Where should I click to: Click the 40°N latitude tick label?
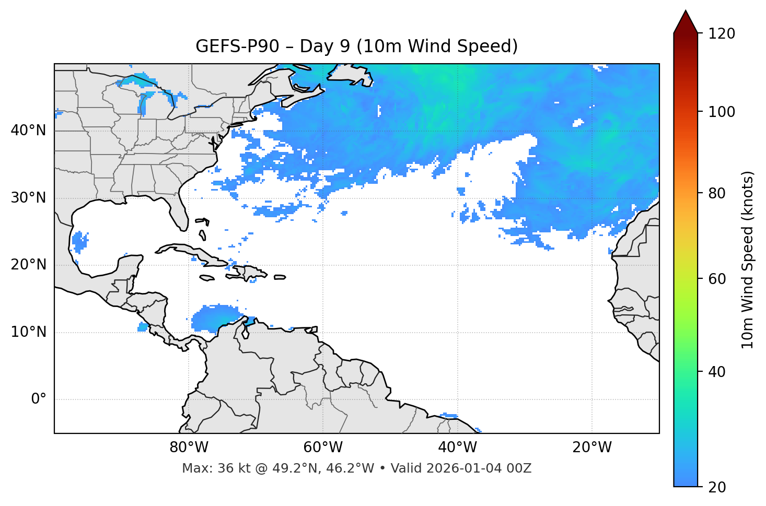click(28, 131)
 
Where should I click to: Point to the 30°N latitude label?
click(28, 198)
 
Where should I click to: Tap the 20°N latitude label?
click(28, 265)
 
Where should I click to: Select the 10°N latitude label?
click(28, 332)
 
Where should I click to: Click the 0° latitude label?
click(39, 399)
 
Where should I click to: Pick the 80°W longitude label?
click(189, 448)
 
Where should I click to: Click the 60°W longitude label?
click(323, 448)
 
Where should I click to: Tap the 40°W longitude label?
click(458, 448)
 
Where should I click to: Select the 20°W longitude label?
click(592, 448)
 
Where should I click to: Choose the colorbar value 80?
click(717, 193)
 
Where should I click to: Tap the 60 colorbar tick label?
click(717, 279)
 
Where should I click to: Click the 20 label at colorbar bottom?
click(717, 487)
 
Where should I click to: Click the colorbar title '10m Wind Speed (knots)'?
click(748, 260)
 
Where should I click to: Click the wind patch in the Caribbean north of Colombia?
click(215, 317)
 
